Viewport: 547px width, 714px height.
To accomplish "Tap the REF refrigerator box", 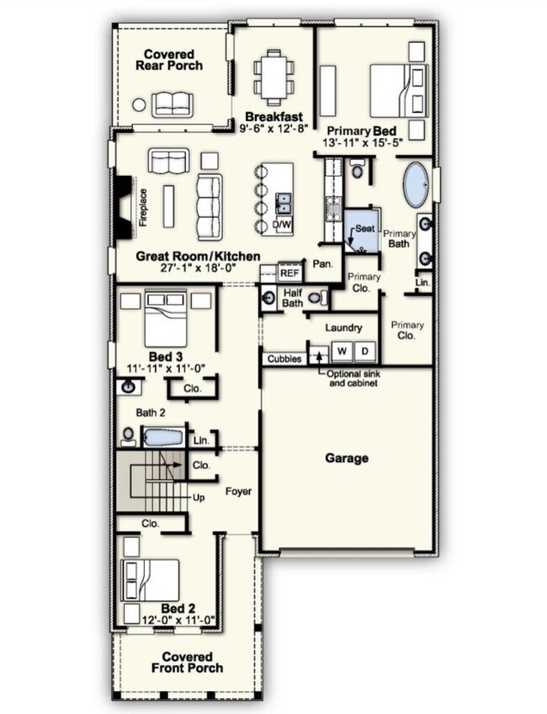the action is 289,273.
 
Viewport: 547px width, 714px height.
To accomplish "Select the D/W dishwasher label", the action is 282,224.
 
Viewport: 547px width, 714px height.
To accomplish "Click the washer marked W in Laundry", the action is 343,351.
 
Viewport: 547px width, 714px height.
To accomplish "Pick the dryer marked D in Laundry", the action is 365,351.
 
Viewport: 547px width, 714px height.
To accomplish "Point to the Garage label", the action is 347,458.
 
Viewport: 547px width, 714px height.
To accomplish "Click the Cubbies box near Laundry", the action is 284,359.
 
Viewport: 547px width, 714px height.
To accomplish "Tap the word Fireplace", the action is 144,208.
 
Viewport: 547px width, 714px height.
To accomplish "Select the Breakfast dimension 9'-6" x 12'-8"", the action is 274,129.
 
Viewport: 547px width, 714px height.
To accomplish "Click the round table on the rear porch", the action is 139,104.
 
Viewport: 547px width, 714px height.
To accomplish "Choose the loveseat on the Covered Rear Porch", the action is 173,104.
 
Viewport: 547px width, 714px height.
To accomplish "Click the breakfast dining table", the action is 274,77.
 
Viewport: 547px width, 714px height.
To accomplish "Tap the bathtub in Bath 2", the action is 163,437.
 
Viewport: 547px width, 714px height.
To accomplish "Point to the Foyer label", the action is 238,492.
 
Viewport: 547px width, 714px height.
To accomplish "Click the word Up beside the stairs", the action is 199,498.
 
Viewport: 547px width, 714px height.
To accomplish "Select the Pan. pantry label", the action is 322,264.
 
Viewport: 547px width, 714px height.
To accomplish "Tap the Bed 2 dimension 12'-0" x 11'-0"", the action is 178,620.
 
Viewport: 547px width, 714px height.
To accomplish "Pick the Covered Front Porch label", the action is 187,663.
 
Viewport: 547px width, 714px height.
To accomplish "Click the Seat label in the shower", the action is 365,228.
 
